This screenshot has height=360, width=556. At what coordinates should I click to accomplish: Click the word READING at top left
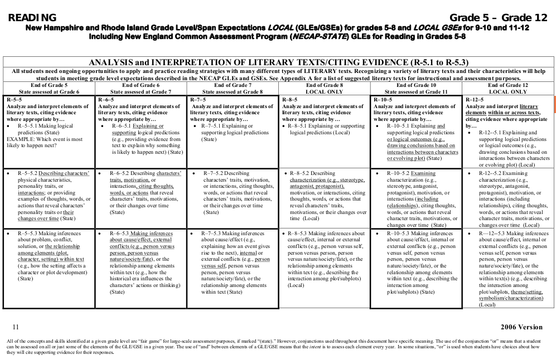pos(32,18)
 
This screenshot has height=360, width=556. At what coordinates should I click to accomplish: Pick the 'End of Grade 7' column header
pos(233,85)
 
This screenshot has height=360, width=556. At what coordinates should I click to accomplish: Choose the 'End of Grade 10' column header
pos(416,85)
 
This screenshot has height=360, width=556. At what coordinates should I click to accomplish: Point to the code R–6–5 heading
pos(106,99)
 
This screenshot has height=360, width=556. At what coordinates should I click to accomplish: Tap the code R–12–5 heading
pos(476,99)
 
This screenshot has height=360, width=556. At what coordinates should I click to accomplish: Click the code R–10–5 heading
pos(383,99)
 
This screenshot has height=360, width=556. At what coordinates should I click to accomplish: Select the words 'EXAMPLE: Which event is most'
pos(45,139)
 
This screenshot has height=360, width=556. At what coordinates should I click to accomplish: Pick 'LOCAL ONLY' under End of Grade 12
pos(508,91)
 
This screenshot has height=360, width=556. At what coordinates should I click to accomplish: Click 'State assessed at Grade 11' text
pos(416,91)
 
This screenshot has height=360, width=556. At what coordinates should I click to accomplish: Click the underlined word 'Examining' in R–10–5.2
pos(424,173)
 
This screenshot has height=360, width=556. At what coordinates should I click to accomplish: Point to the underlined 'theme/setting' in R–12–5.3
pos(526,291)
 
